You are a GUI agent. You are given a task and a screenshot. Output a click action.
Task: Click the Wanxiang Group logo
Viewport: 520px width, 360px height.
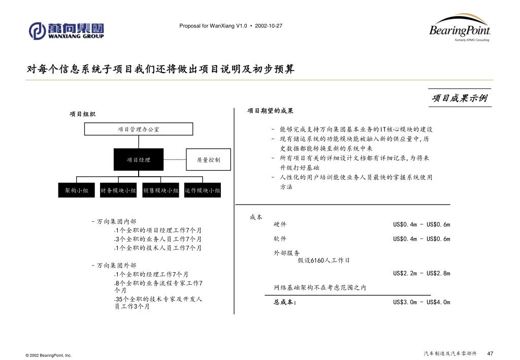(x=67, y=30)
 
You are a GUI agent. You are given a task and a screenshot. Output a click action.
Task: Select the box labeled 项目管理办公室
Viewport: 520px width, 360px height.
(x=139, y=129)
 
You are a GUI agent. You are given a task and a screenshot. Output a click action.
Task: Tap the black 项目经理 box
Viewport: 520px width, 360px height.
(x=139, y=160)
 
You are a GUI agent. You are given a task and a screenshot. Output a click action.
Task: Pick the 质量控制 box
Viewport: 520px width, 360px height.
(x=209, y=160)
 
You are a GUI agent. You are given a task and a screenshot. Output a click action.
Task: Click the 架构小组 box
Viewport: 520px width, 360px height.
(x=77, y=190)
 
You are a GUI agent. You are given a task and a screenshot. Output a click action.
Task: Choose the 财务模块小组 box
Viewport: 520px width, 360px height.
(x=118, y=190)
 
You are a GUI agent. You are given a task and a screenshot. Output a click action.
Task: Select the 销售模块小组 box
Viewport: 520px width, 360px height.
(x=160, y=190)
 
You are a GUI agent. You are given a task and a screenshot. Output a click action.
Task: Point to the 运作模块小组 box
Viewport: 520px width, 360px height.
(x=202, y=190)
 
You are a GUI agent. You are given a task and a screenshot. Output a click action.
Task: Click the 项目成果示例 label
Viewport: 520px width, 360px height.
(x=460, y=98)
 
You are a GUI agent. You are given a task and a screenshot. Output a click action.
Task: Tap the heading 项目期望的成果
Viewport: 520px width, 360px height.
(x=271, y=111)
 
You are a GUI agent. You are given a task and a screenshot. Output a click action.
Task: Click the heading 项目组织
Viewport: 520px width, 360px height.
(x=83, y=114)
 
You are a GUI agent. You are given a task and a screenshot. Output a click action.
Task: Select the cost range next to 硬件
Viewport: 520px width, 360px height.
(x=421, y=224)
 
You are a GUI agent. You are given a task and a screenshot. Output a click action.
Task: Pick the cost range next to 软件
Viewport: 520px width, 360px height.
(x=421, y=239)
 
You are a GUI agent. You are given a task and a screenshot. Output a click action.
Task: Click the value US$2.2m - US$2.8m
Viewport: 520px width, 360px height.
(x=421, y=273)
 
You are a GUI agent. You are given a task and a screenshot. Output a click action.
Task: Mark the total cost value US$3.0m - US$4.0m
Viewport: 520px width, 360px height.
(x=421, y=302)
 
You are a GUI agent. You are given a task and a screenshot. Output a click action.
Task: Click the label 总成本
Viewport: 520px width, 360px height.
(x=285, y=302)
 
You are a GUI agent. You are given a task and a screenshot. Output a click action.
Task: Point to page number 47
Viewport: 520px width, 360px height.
(x=490, y=353)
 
